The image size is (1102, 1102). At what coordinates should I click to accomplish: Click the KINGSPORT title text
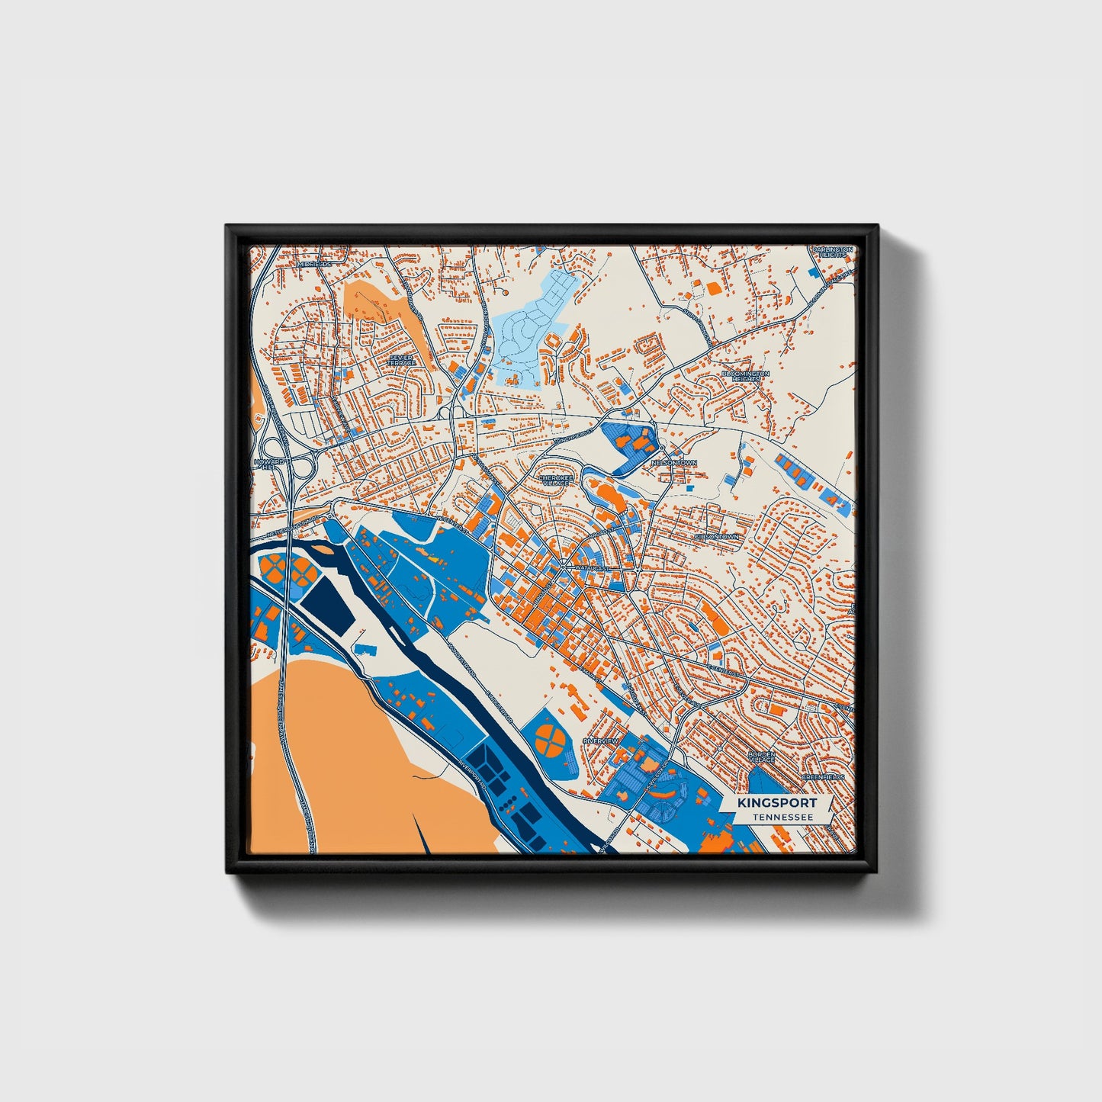point(777,802)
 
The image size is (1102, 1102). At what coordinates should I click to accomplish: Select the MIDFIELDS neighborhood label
point(313,264)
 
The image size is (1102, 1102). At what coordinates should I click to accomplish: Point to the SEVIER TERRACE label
point(401,360)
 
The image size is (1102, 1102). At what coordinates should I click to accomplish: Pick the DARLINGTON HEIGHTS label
point(831,252)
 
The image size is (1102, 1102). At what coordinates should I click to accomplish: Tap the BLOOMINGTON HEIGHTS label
point(746,377)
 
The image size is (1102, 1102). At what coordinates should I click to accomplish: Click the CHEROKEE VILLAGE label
point(554,480)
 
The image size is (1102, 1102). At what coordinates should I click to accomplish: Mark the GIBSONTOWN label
point(717,537)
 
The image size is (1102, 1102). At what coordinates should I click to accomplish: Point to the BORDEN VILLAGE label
point(761,757)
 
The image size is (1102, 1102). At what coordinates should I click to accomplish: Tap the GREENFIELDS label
point(823,777)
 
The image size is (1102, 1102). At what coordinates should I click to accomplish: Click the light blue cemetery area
point(531,329)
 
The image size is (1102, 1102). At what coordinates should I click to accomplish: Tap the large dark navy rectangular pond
point(328,602)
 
